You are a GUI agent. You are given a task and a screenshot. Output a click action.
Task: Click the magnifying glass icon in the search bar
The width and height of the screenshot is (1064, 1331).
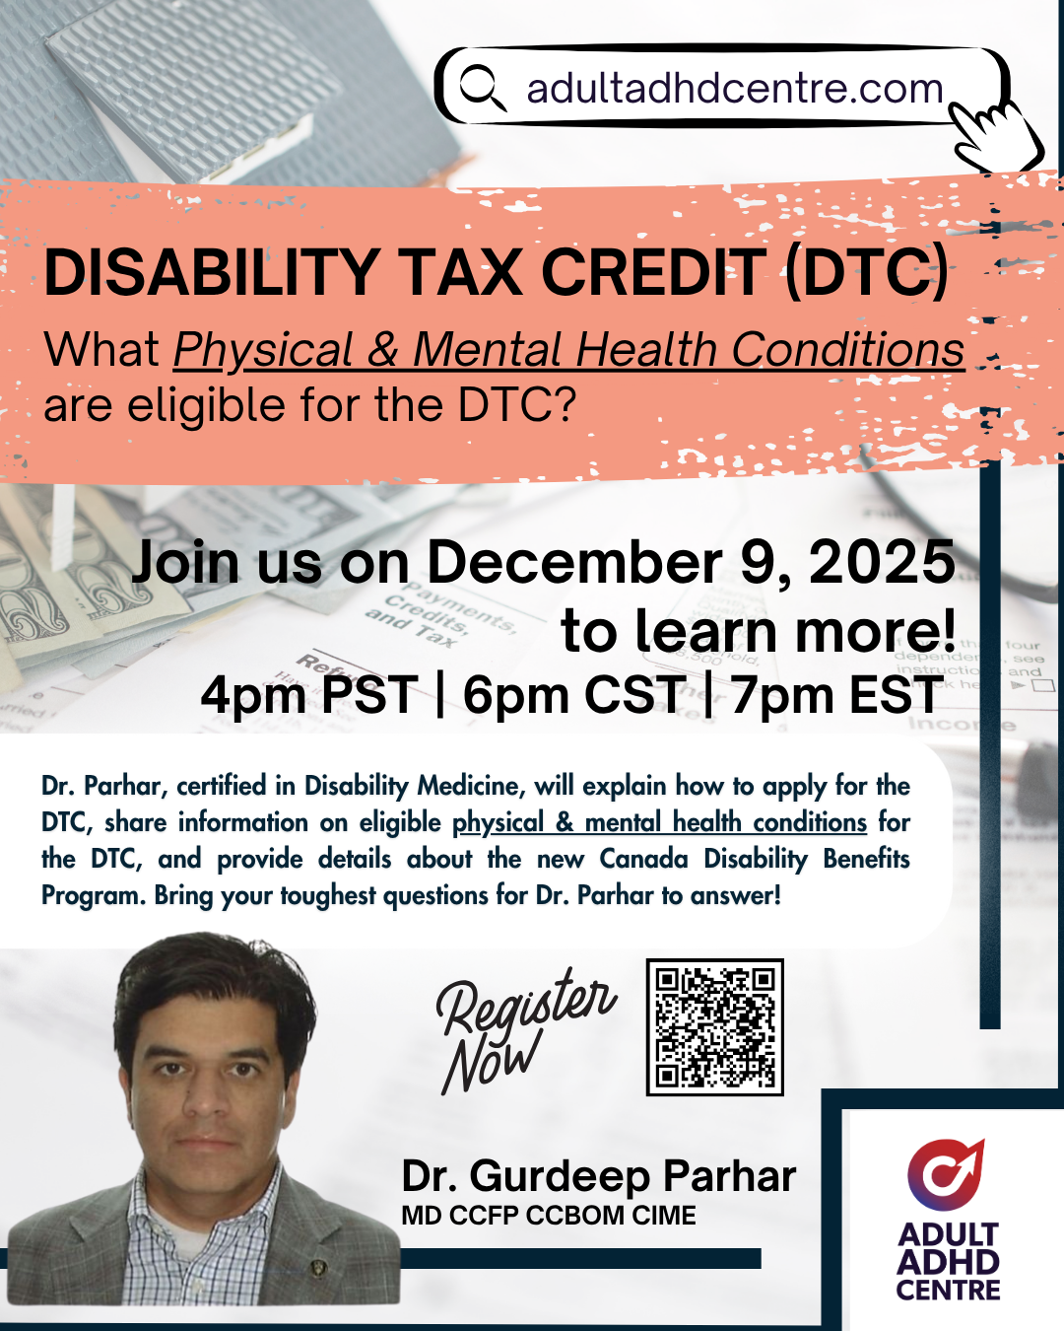click(x=483, y=89)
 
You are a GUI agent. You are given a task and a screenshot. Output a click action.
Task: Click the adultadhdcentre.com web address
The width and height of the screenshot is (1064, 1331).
click(x=735, y=89)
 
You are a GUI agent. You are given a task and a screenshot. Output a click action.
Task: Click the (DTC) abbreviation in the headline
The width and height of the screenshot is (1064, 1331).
click(x=866, y=273)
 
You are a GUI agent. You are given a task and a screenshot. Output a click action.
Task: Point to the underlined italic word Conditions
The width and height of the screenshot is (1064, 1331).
click(x=847, y=349)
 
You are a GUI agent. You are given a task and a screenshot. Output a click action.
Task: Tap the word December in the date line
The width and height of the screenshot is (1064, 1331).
click(x=574, y=562)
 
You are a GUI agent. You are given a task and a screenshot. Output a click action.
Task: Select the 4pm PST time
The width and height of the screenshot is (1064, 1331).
click(x=309, y=695)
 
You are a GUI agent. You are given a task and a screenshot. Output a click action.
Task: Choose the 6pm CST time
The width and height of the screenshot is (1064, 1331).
click(x=571, y=695)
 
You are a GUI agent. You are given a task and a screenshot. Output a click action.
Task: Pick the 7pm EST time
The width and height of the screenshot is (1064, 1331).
click(x=836, y=695)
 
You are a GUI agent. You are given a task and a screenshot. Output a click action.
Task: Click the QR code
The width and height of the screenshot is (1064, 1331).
click(x=714, y=1027)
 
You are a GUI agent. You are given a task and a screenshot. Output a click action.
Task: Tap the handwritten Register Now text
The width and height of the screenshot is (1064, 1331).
click(x=525, y=1029)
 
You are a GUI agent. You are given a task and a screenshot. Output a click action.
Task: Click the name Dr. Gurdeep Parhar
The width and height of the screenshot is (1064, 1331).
click(x=598, y=1176)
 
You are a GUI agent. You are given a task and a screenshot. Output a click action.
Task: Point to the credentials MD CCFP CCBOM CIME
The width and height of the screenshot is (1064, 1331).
click(x=549, y=1216)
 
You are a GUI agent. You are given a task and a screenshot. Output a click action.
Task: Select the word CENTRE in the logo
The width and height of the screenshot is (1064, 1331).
click(x=948, y=1291)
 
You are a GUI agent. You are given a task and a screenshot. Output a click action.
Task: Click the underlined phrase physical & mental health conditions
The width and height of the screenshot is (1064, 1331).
click(x=660, y=822)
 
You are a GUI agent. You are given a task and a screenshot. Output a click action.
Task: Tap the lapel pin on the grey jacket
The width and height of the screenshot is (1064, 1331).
click(x=317, y=1267)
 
